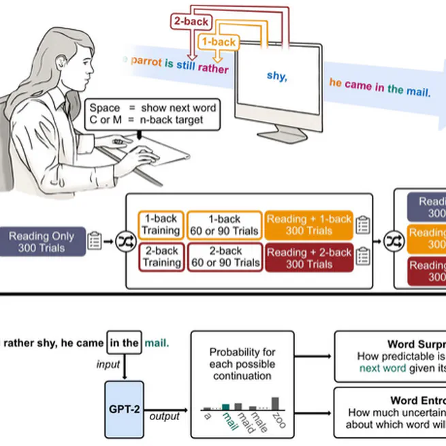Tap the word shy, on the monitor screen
pyautogui.click(x=276, y=76)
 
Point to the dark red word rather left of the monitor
pyautogui.click(x=213, y=68)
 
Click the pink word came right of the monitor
pyautogui.click(x=358, y=86)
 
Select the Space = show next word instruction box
pyautogui.click(x=155, y=114)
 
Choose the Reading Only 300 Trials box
pyautogui.click(x=43, y=241)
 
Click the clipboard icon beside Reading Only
pyautogui.click(x=95, y=240)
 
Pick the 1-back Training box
pyautogui.click(x=161, y=225)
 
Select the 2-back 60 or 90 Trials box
pyautogui.click(x=224, y=257)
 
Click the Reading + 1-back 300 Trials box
pyautogui.click(x=309, y=225)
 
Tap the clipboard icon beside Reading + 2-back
pyautogui.click(x=363, y=257)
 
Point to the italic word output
pyautogui.click(x=164, y=416)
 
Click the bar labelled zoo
pyautogui.click(x=275, y=402)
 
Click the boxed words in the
pyautogui.click(x=124, y=343)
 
